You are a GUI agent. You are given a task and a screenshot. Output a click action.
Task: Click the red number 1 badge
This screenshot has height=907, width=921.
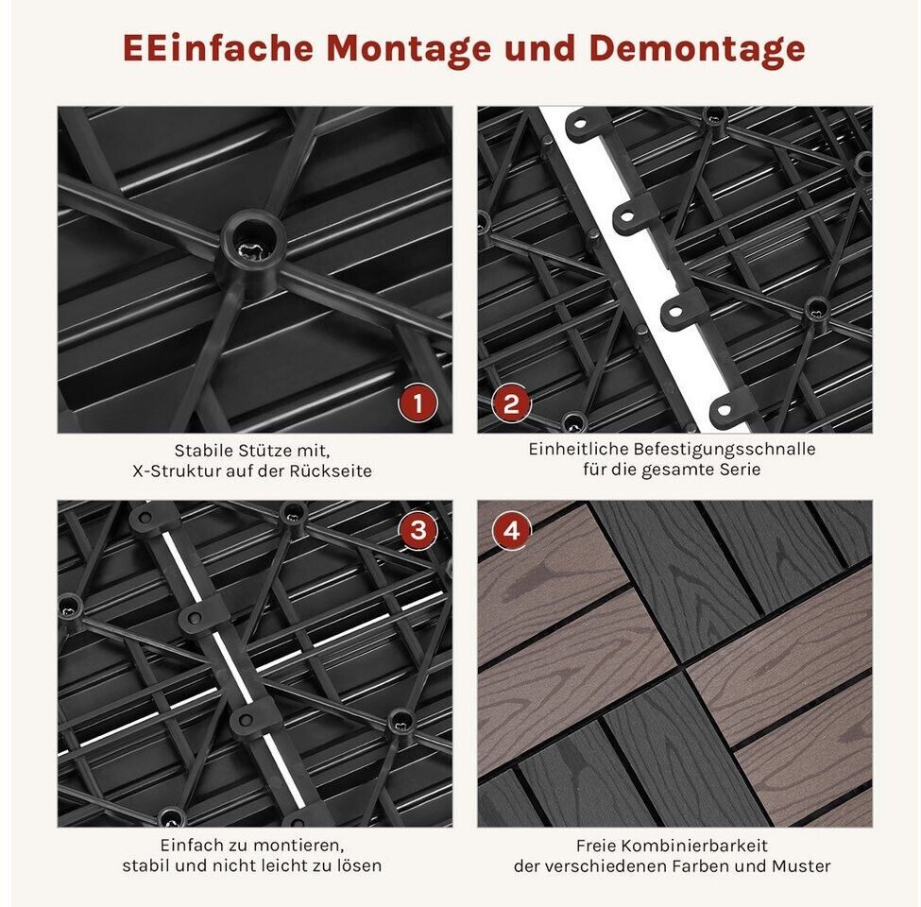(418, 403)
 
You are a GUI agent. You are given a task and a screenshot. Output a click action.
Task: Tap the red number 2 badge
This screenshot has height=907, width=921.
(511, 403)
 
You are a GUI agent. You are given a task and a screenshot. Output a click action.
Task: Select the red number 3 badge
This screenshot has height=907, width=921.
(418, 530)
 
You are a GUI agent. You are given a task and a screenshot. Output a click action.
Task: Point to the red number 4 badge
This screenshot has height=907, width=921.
(512, 530)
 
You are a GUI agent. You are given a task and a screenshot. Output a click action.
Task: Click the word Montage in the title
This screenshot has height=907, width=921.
(408, 49)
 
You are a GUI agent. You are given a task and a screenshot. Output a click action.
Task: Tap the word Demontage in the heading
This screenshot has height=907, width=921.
(696, 49)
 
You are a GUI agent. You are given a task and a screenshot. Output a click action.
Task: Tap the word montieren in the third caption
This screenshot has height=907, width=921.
(300, 846)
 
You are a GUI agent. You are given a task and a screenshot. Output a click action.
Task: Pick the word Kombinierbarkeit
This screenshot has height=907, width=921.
(693, 846)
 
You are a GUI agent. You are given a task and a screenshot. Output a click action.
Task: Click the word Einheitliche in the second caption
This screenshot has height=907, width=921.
(567, 450)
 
